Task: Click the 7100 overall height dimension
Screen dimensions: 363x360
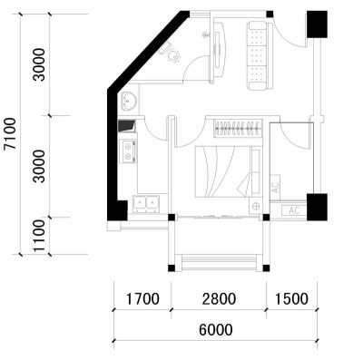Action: pos(10,133)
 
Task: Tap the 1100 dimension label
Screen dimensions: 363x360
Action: pos(39,236)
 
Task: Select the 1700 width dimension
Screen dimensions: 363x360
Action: pos(142,299)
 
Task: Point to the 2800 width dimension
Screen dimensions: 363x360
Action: pos(219,299)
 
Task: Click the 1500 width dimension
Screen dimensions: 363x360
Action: pos(291,299)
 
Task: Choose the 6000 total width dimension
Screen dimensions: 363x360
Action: pos(216,329)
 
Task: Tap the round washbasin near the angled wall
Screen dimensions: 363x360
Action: pos(129,101)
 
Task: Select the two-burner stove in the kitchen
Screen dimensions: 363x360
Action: pos(128,151)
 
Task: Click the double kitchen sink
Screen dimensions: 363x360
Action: pos(146,203)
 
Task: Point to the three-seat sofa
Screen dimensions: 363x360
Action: pos(260,55)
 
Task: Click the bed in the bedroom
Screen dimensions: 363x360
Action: pos(228,171)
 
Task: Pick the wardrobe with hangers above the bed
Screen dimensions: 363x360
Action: pos(238,129)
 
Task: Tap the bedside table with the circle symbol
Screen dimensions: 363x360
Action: pos(256,206)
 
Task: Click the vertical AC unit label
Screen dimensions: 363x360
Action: pos(275,188)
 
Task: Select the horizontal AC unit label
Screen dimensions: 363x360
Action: pos(294,210)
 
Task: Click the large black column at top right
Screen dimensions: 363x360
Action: pos(317,24)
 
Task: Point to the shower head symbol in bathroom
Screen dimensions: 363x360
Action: pos(206,35)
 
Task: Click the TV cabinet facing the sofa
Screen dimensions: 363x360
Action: pos(220,49)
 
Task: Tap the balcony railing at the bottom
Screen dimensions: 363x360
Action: pos(219,262)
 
